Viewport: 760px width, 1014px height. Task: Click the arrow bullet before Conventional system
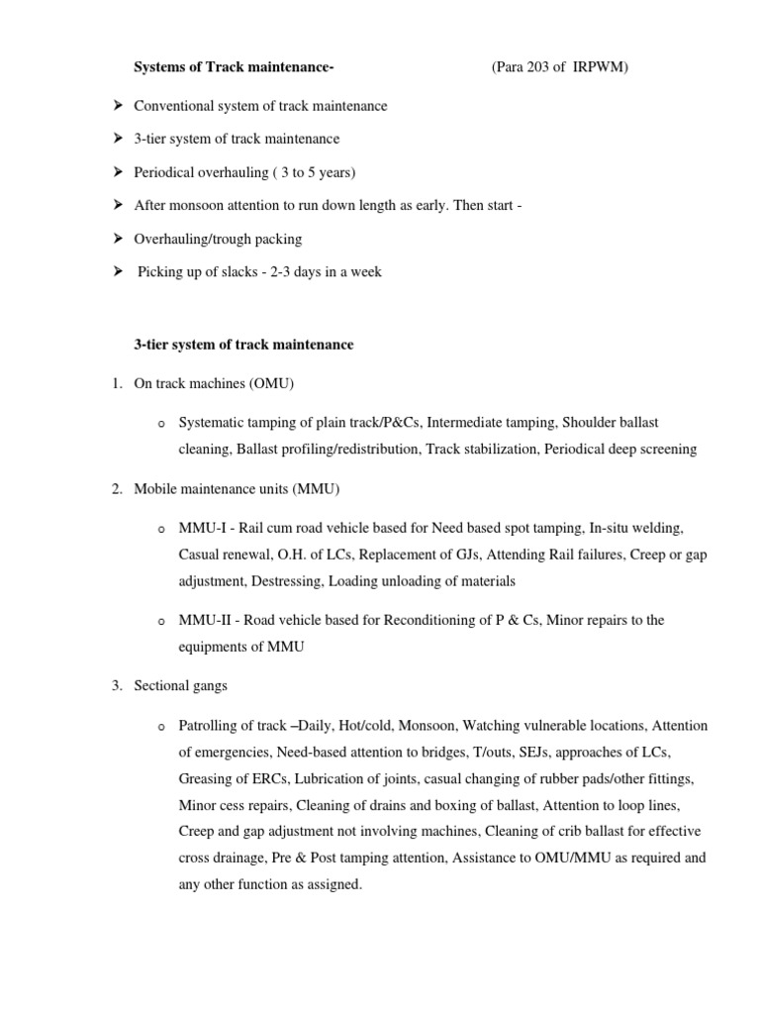(118, 105)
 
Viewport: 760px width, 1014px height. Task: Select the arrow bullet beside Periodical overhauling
(118, 172)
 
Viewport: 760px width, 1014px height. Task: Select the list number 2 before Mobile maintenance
(117, 489)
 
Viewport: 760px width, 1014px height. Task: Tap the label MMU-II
(204, 620)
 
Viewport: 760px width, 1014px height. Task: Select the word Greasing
(206, 778)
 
